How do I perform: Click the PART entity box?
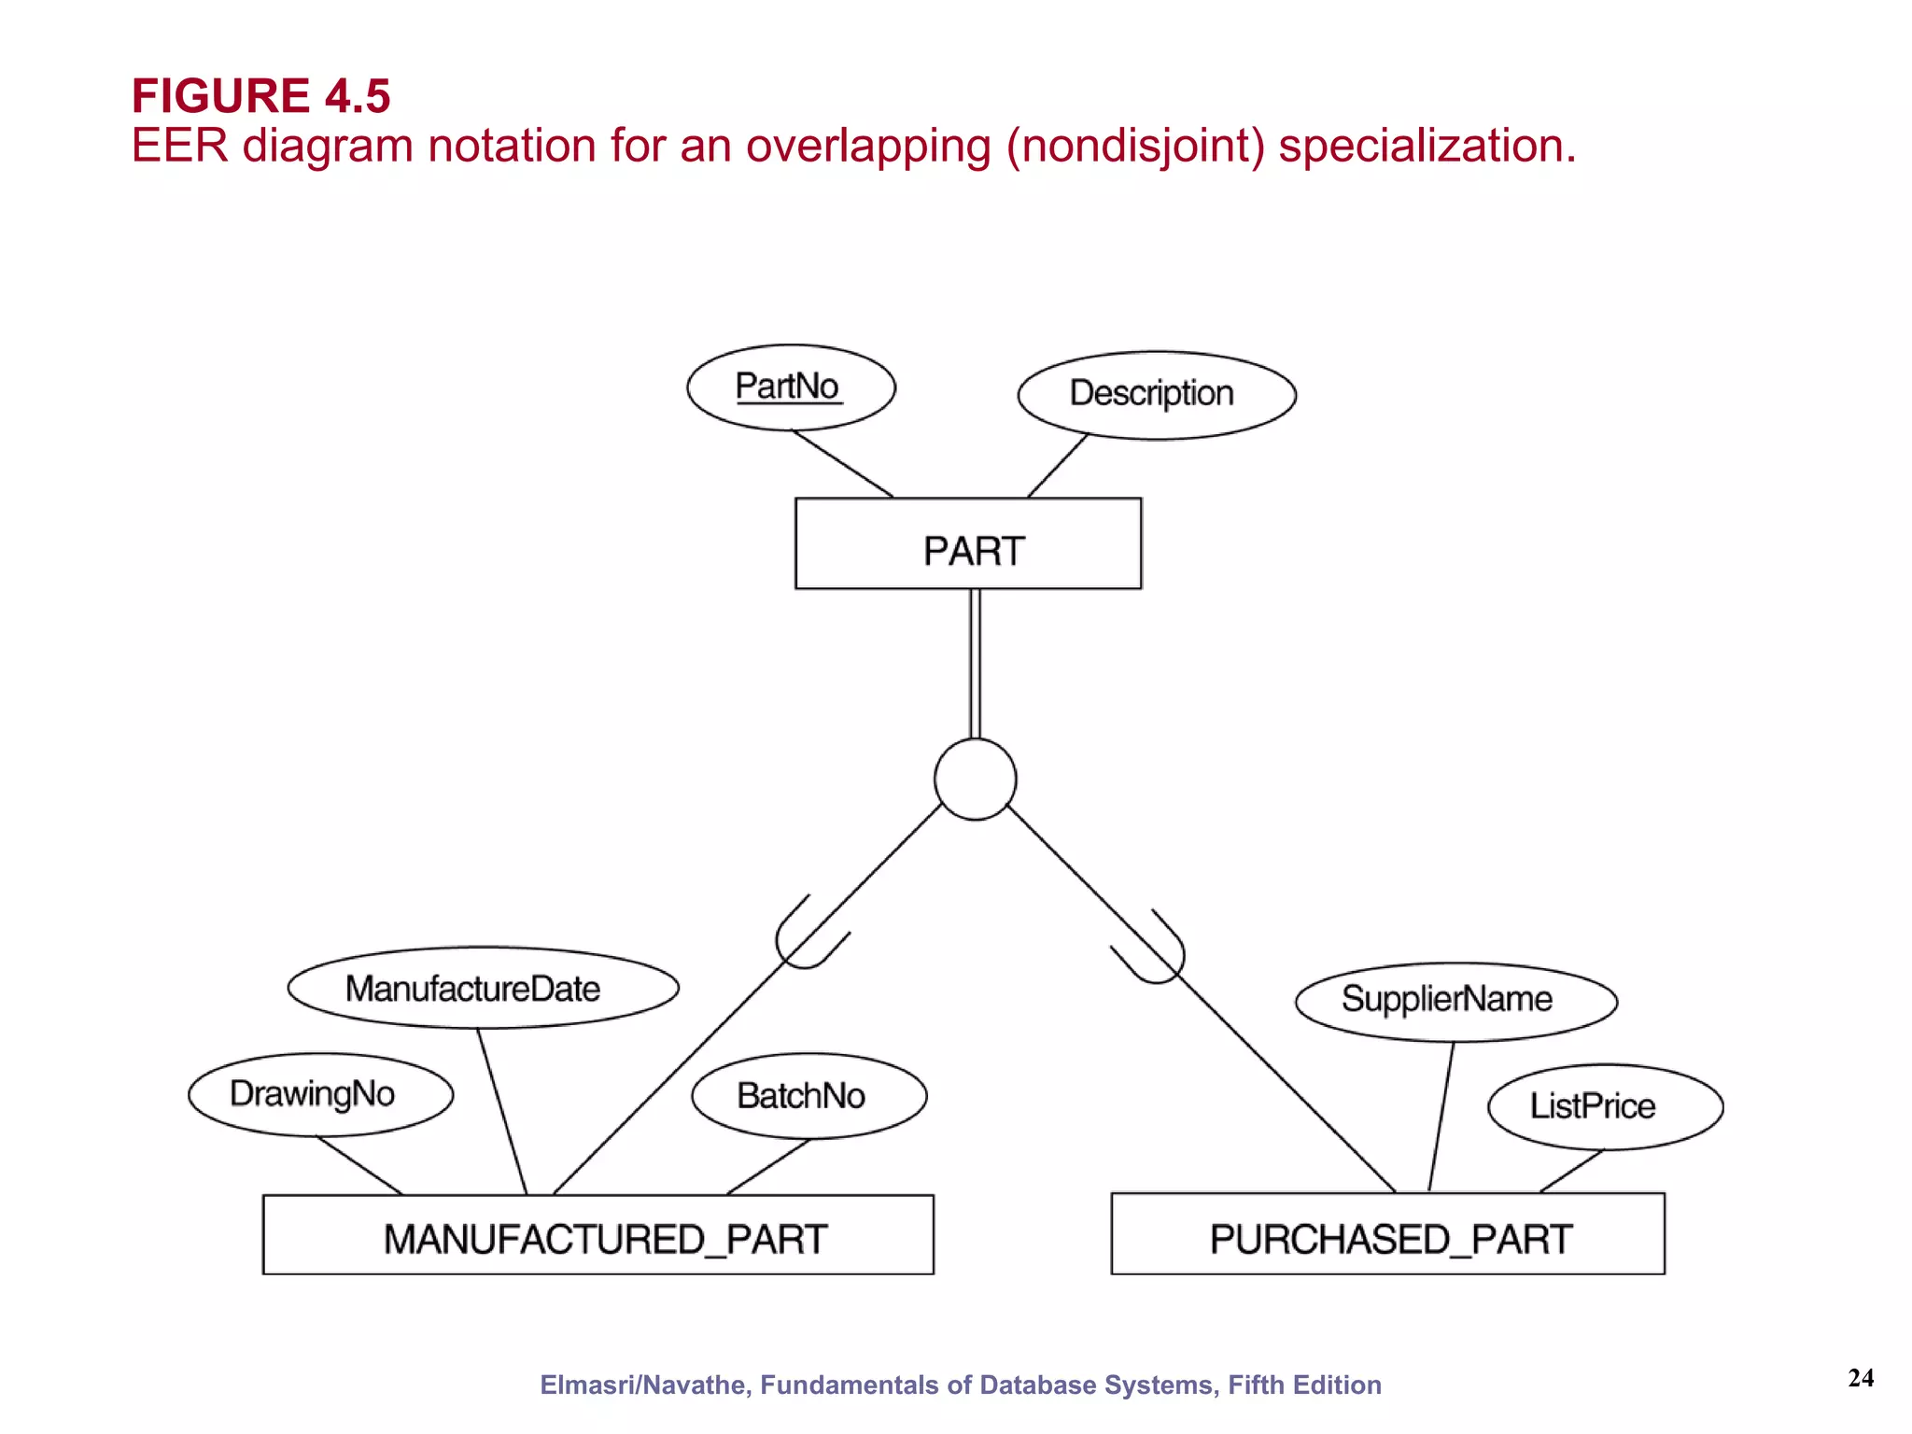coord(968,543)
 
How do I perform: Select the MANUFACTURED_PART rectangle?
coord(597,1234)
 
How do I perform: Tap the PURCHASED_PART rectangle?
coord(1387,1233)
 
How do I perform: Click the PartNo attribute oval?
coord(791,387)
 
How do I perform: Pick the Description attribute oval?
coord(1156,395)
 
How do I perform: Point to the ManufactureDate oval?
coord(483,988)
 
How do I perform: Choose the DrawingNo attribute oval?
coord(320,1094)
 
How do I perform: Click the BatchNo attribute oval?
coord(808,1096)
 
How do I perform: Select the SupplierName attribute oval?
coord(1455,1001)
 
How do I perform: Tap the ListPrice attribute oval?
coord(1604,1106)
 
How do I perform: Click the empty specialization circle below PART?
coord(975,780)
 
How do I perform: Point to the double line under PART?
coord(975,663)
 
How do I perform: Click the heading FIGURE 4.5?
coord(260,95)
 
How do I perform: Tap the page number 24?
coord(1860,1378)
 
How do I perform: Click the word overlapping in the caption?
coord(867,147)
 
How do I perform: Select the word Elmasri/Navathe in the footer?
coord(643,1385)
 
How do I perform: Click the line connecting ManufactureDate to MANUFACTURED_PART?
coord(502,1111)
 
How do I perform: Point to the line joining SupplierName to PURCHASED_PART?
coord(1441,1116)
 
